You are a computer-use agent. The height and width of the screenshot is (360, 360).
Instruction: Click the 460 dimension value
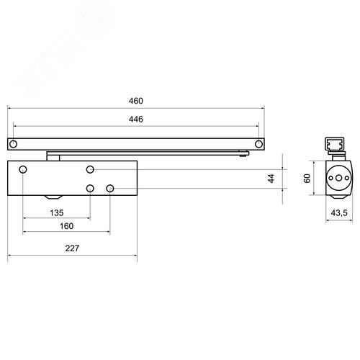pyautogui.click(x=135, y=100)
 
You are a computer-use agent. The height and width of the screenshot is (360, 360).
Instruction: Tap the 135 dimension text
pyautogui.click(x=57, y=212)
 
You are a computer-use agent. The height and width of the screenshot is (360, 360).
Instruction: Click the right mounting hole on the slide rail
pyautogui.click(x=256, y=145)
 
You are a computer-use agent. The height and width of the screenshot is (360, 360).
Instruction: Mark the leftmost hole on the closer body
pyautogui.click(x=23, y=170)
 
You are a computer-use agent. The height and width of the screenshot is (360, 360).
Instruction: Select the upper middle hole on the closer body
pyautogui.click(x=90, y=170)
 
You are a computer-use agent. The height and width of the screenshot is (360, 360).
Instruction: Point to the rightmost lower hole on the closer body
pyautogui.click(x=110, y=188)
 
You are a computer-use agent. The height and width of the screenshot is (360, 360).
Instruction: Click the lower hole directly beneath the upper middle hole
pyautogui.click(x=90, y=188)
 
